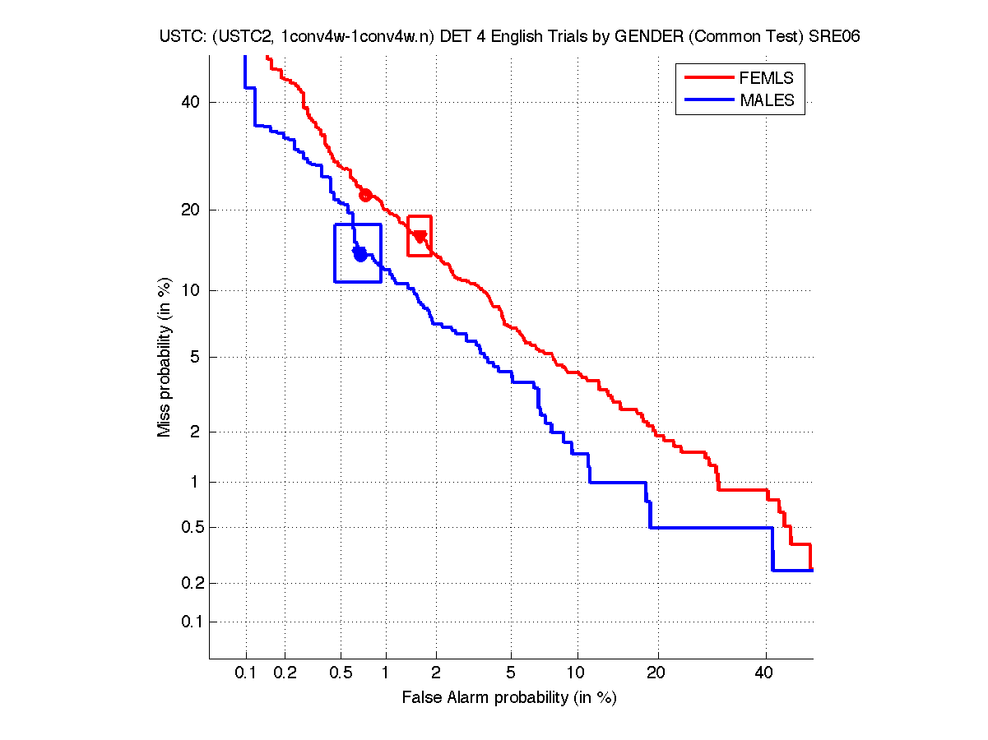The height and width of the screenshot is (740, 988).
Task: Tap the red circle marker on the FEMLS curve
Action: [x=365, y=195]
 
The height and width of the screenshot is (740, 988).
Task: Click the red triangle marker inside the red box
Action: [x=420, y=237]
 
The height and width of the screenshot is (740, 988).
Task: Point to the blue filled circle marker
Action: [x=360, y=254]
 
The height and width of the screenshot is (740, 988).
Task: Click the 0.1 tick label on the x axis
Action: [x=246, y=673]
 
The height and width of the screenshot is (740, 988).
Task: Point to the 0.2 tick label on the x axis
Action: [x=285, y=673]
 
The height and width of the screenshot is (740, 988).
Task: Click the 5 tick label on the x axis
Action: [x=511, y=673]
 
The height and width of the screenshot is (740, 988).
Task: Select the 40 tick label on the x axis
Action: [x=765, y=673]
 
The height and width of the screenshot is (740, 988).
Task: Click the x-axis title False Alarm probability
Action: [x=508, y=698]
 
